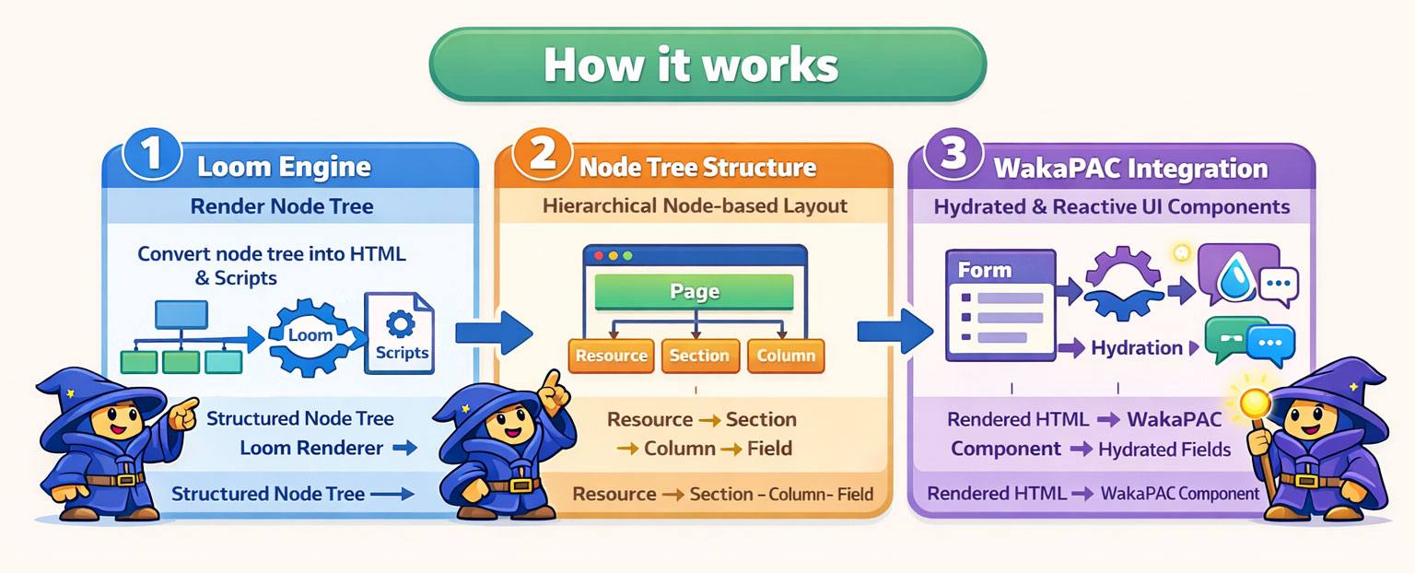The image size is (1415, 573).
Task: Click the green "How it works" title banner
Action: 707,64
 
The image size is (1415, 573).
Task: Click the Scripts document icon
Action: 400,333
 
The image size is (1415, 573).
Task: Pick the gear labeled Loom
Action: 310,336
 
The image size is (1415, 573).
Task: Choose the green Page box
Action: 694,292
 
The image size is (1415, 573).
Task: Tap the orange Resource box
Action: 611,357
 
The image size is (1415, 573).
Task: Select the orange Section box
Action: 699,357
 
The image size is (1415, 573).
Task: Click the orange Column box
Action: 786,357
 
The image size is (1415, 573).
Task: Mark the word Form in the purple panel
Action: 985,271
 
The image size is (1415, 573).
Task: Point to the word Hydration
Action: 1136,348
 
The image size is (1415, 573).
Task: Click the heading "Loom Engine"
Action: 284,168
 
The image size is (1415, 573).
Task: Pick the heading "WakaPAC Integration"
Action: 1130,170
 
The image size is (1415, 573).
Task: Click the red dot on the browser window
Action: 598,255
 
